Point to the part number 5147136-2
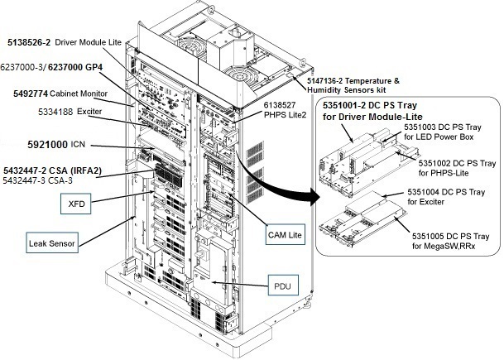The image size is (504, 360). pyautogui.click(x=333, y=80)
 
